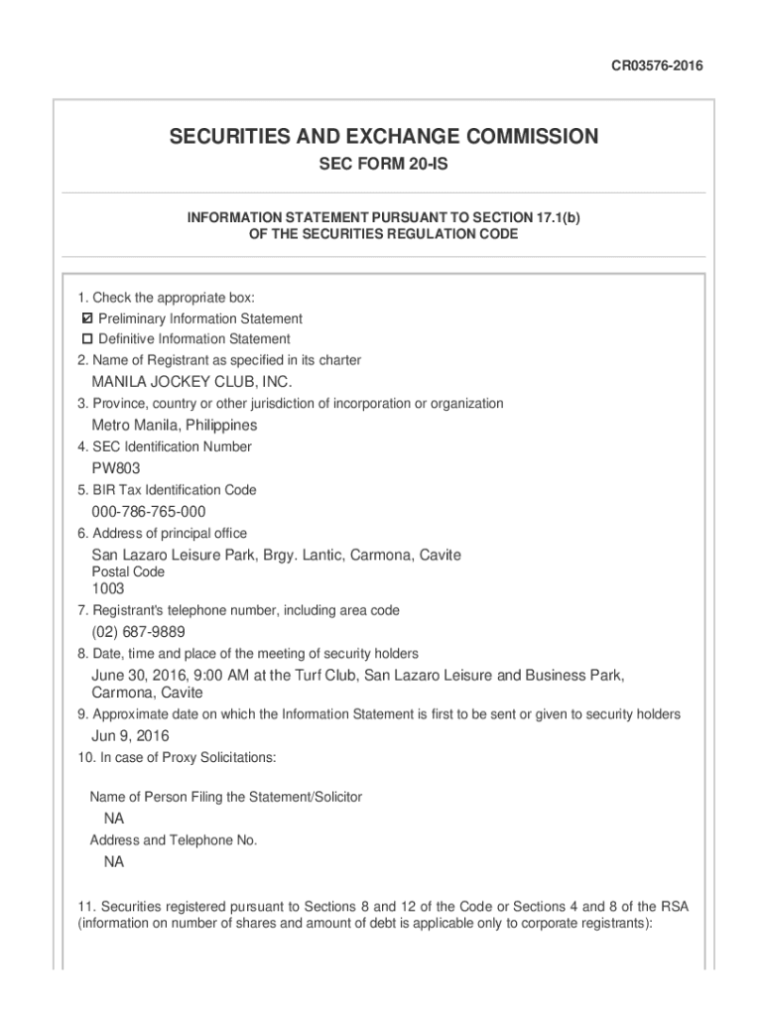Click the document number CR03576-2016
[x=656, y=66]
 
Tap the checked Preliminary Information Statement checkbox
[x=86, y=318]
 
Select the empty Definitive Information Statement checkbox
[x=86, y=339]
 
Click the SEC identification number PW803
[x=116, y=468]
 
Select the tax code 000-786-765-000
[x=149, y=511]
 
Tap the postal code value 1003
[x=108, y=589]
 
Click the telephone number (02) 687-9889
[x=138, y=632]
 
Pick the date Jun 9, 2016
[x=130, y=736]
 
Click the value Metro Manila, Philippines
[x=175, y=425]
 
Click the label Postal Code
[x=128, y=572]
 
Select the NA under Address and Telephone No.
[x=114, y=862]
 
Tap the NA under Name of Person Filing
[x=114, y=819]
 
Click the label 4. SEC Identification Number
[x=165, y=446]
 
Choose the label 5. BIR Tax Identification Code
[x=167, y=490]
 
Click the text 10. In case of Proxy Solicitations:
[x=177, y=758]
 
